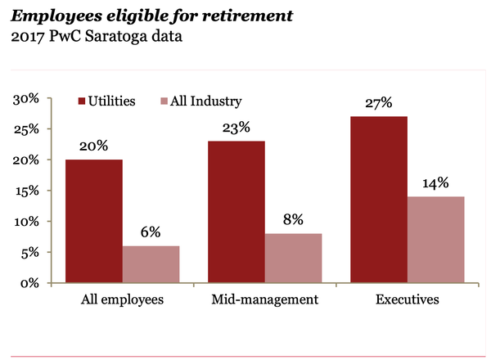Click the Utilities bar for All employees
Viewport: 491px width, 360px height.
point(94,221)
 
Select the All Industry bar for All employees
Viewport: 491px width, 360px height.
point(151,264)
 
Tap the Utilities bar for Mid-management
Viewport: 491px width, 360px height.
point(236,212)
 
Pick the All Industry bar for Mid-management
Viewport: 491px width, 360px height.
point(293,258)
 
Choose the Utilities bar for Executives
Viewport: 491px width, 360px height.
point(379,200)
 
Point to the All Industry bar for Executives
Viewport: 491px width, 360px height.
point(435,240)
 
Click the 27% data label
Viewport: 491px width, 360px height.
point(379,103)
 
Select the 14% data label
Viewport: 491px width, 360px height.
point(435,182)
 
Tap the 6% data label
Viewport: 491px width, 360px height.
point(151,232)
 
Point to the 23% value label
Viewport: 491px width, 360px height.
point(236,128)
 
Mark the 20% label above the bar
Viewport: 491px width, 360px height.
point(94,146)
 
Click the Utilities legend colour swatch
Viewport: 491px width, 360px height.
point(82,101)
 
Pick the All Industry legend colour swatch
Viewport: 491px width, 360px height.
point(164,101)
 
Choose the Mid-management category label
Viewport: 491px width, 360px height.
point(265,299)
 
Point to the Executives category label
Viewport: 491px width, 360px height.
point(407,299)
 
